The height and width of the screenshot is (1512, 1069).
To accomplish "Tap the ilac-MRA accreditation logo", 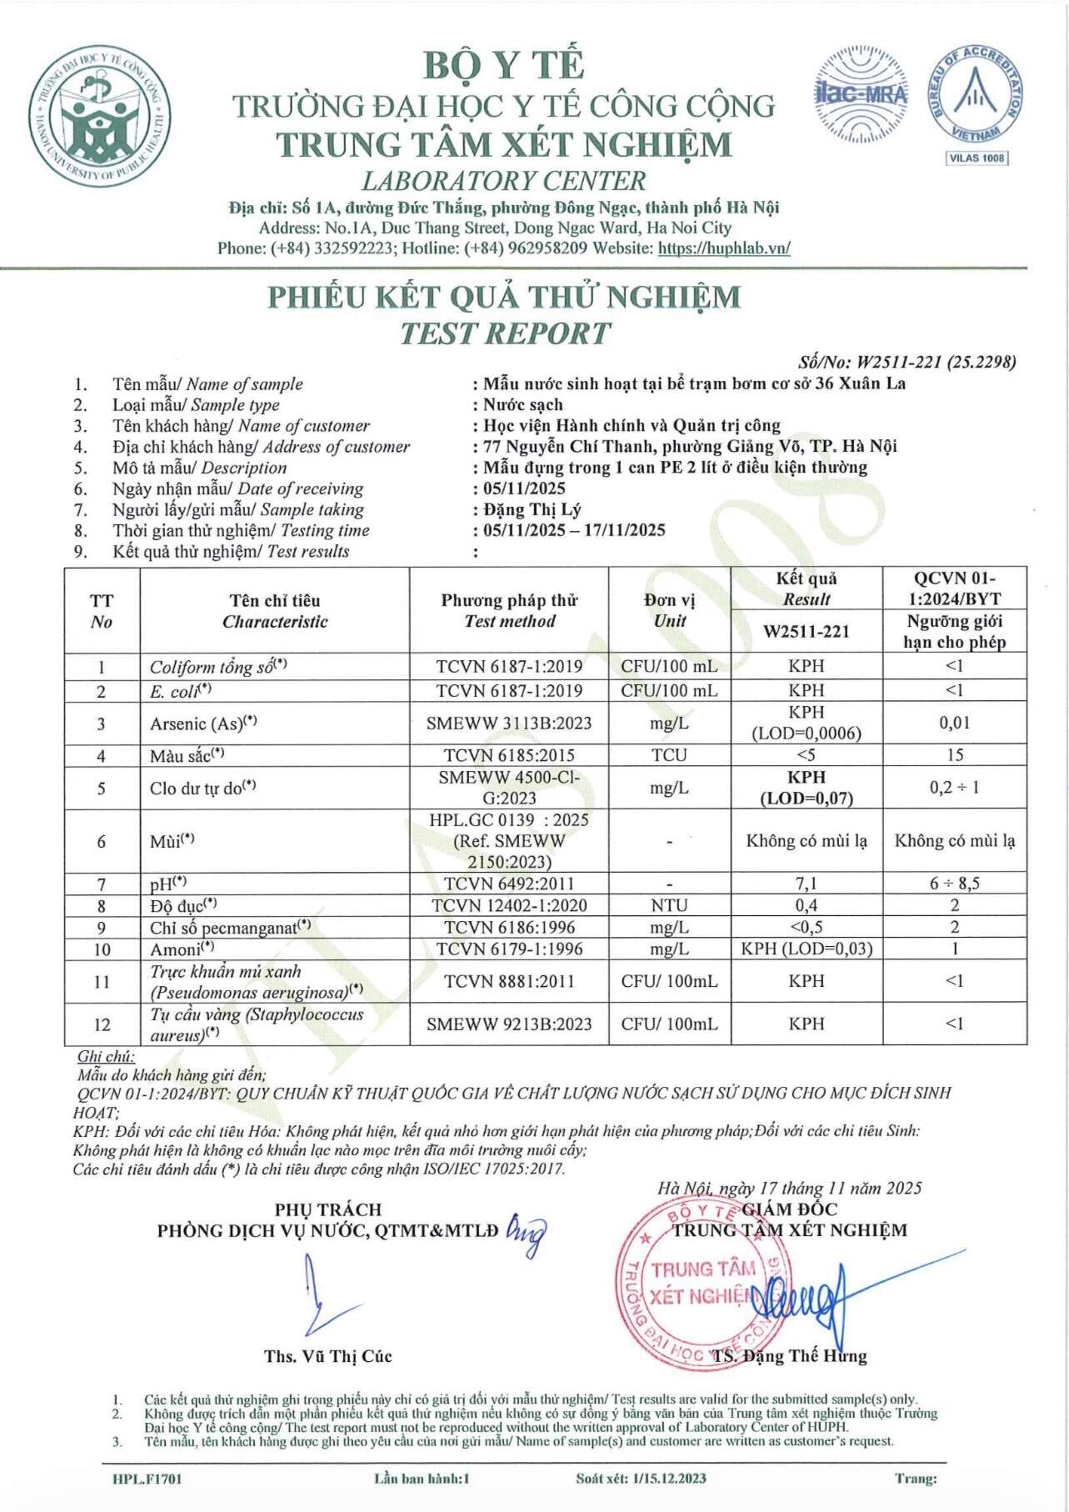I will click(x=862, y=94).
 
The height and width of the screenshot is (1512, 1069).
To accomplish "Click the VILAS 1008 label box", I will click(x=977, y=158).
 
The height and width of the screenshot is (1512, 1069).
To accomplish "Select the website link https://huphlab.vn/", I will click(x=723, y=248).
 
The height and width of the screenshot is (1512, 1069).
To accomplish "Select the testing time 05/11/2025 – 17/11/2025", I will click(x=574, y=530).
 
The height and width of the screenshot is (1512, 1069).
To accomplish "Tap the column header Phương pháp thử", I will click(x=509, y=600).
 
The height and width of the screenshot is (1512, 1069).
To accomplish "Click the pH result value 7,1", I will click(x=806, y=884).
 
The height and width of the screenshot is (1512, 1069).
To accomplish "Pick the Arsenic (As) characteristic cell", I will click(x=203, y=723).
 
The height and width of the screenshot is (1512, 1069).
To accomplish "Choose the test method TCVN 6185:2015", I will click(x=509, y=755).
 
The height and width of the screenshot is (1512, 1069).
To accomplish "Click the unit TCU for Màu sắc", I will click(x=669, y=755).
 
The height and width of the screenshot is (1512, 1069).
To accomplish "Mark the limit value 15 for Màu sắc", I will click(x=954, y=755).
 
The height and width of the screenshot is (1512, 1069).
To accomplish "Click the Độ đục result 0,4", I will click(x=806, y=905).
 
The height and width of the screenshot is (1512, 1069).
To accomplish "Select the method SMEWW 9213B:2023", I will click(x=509, y=1024).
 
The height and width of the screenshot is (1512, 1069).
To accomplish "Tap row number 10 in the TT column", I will click(x=102, y=949).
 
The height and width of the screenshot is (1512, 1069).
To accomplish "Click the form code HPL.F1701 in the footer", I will click(x=147, y=1479).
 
